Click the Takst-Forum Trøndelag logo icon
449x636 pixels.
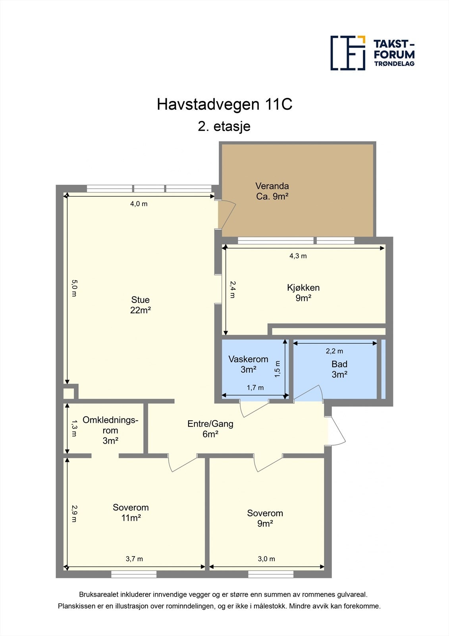348,53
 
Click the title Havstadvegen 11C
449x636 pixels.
224,105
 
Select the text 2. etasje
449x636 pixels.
224,126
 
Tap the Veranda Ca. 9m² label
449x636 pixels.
272,191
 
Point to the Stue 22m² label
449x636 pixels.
140,305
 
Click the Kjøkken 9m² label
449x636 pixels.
303,293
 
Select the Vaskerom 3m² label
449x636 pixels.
249,364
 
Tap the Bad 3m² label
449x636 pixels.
339,369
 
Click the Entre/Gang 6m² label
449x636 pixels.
210,429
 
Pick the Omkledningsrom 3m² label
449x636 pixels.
110,430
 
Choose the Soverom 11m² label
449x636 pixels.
131,512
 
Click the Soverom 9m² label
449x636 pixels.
265,518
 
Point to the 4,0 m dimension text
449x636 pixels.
139,204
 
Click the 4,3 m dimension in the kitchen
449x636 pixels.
298,256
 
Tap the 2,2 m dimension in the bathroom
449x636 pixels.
334,351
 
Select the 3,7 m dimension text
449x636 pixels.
134,559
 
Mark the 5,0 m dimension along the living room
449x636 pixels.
74,288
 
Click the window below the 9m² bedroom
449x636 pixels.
271,574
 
